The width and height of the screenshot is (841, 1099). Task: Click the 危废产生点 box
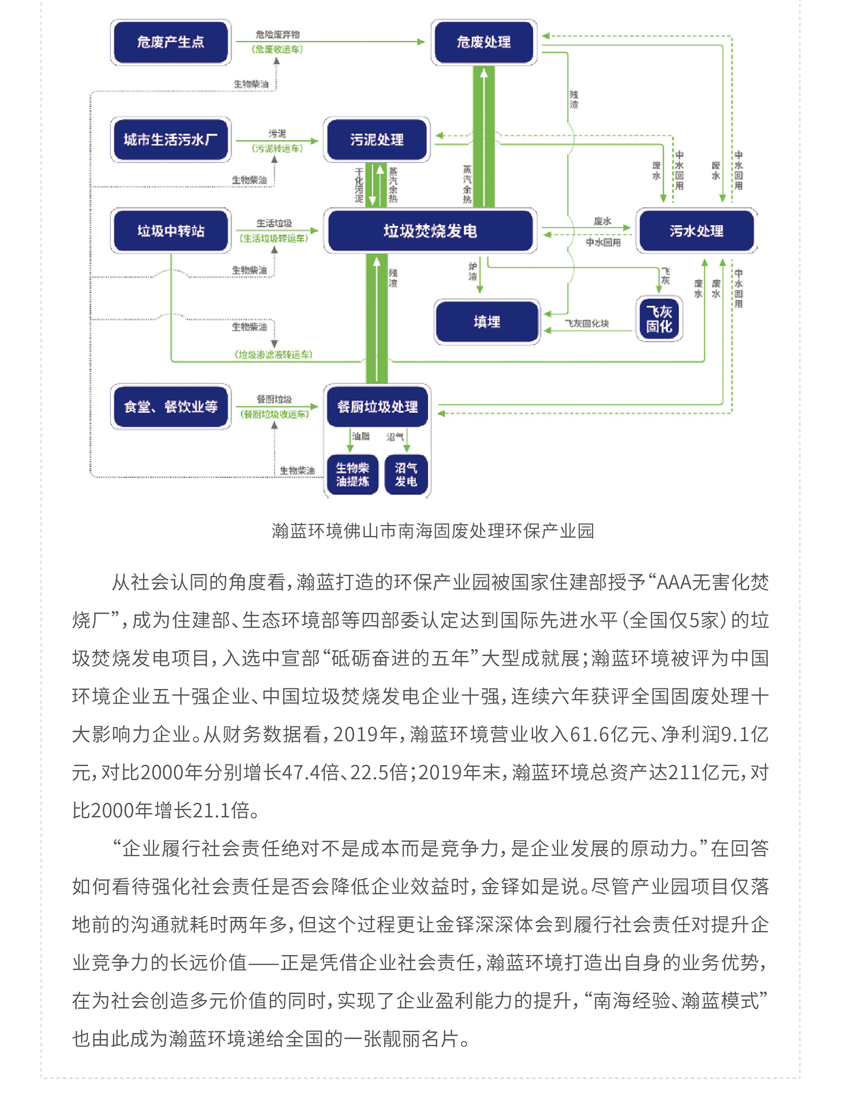(x=170, y=42)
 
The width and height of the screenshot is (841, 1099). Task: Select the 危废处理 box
(x=483, y=42)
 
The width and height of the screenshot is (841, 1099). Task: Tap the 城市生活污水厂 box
(x=170, y=140)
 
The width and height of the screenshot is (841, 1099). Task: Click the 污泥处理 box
(x=376, y=140)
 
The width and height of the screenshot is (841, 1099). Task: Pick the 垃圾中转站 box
(x=170, y=231)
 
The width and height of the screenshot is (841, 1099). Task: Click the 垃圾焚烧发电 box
(x=430, y=231)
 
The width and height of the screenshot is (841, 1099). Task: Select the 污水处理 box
(x=696, y=231)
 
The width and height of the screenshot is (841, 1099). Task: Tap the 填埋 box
(x=487, y=322)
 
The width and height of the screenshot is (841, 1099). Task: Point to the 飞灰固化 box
(x=659, y=319)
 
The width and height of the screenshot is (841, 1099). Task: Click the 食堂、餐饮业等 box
(x=170, y=406)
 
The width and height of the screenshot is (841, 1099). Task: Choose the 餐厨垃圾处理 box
(x=377, y=406)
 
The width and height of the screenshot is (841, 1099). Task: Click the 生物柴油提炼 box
(x=352, y=475)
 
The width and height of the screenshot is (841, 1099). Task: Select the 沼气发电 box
(x=406, y=475)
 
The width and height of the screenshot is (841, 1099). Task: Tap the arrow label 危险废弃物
(x=278, y=34)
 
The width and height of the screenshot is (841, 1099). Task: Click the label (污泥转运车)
(x=277, y=149)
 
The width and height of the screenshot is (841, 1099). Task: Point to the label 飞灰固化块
(x=586, y=323)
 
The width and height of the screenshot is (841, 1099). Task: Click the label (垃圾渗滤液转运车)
(x=273, y=355)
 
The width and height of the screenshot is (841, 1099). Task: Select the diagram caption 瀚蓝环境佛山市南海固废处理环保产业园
(x=432, y=531)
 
